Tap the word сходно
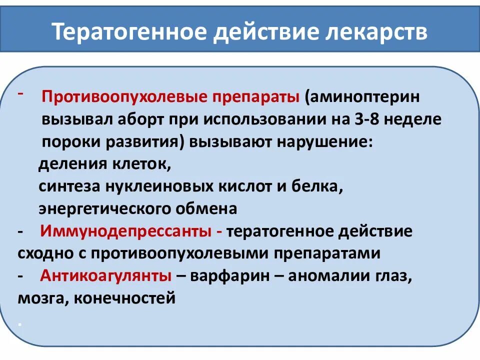click(45, 253)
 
